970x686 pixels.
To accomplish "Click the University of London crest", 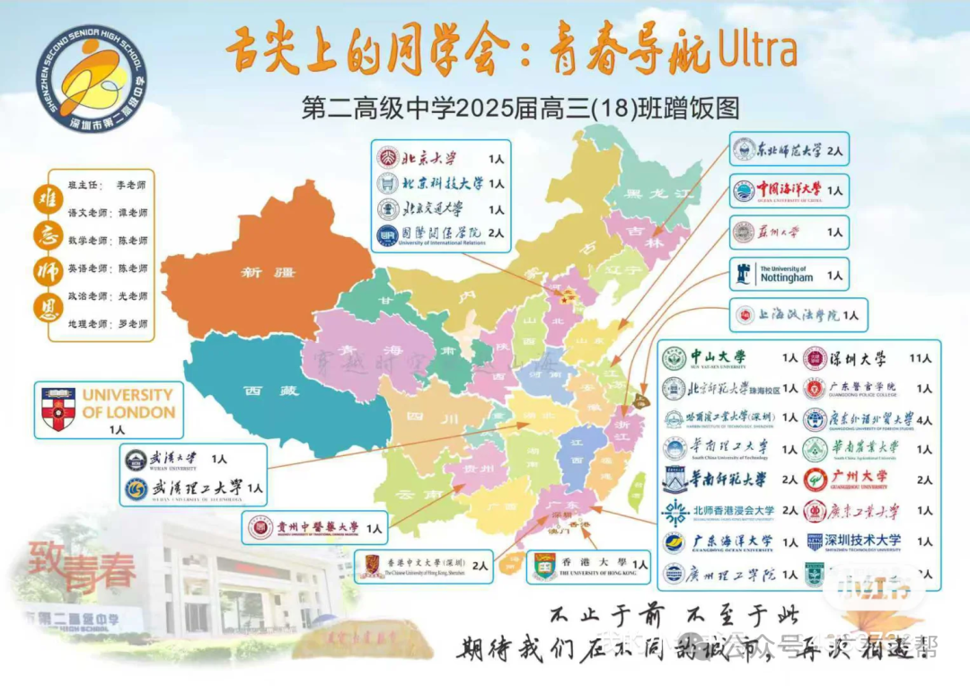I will pos(58,408).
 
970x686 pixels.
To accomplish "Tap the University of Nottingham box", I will pos(787,274).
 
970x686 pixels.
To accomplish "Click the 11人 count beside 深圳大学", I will pos(920,358).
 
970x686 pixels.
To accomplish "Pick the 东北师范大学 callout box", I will pos(789,150).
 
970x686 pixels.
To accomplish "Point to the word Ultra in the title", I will pos(757,52).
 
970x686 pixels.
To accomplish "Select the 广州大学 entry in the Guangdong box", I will pos(857,479).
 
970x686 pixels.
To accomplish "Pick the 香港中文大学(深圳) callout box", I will pos(422,565).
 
